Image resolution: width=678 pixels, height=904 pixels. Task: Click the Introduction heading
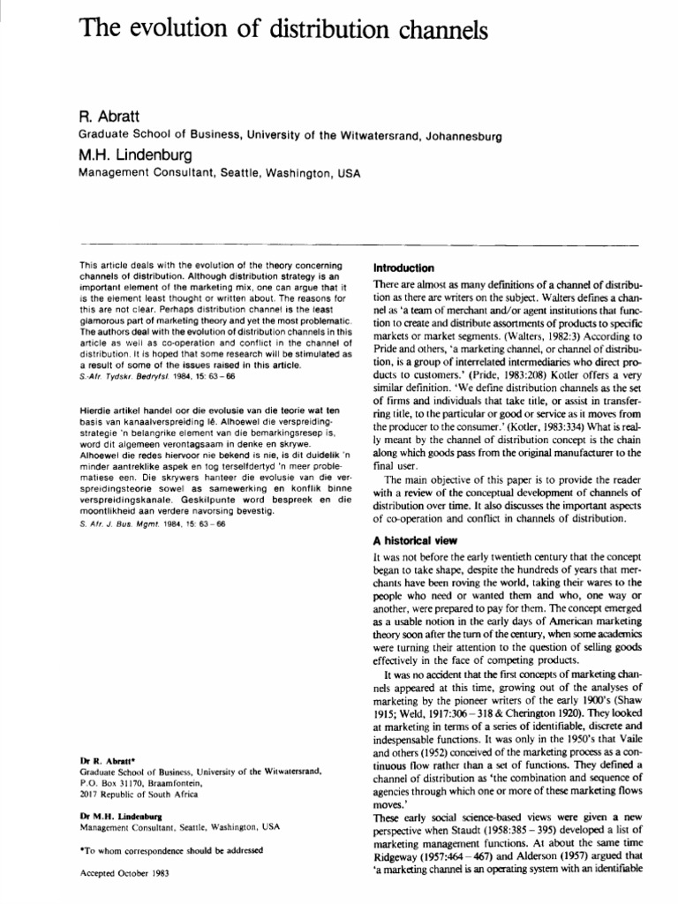pyautogui.click(x=403, y=267)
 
